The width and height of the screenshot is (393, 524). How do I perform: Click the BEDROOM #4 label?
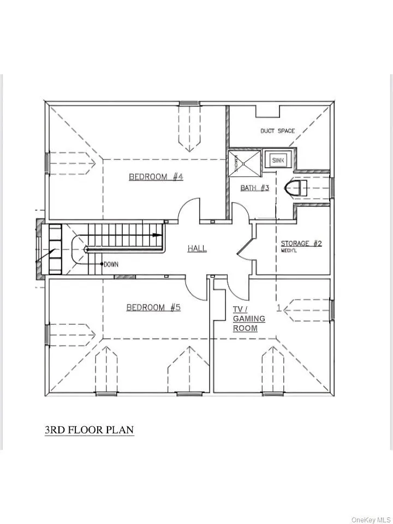click(148, 176)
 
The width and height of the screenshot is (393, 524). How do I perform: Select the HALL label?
click(197, 248)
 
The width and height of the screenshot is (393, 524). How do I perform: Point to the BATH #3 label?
click(255, 188)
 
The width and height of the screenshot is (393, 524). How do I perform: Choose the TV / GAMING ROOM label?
click(249, 319)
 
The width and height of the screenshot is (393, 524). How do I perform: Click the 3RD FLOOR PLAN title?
click(89, 430)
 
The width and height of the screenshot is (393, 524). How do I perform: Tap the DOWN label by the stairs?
click(111, 264)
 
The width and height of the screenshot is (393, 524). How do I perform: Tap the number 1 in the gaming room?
click(279, 308)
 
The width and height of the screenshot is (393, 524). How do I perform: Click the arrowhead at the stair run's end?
click(157, 235)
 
